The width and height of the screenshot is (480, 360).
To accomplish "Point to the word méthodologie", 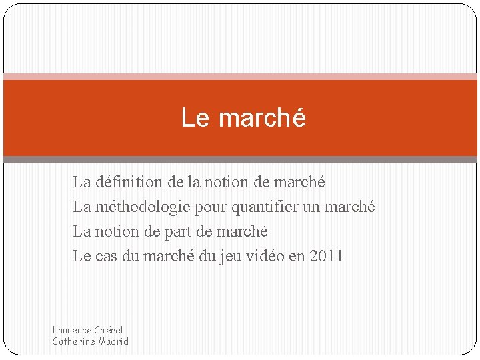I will (143, 207).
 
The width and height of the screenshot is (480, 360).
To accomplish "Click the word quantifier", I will (265, 207).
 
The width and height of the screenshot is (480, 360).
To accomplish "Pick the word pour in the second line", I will (211, 207).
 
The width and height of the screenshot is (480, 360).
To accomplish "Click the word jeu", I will (230, 256).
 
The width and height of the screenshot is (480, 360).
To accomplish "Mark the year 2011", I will (326, 256).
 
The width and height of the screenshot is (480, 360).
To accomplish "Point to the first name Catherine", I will (74, 341).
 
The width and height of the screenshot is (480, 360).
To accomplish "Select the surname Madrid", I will (113, 341).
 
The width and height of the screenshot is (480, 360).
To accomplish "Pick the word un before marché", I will (311, 207).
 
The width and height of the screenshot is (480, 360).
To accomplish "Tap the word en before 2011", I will (297, 256).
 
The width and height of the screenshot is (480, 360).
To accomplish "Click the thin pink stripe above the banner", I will (240, 77).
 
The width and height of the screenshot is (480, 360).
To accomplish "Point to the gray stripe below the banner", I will (240, 159).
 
